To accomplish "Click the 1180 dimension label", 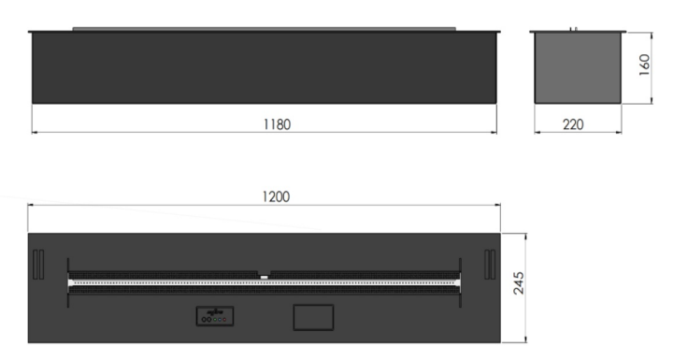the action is click(277, 124).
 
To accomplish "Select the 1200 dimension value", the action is click(276, 196).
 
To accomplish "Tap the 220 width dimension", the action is click(573, 124).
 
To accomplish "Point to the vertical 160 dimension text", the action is click(644, 65).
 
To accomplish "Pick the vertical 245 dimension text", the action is click(518, 283).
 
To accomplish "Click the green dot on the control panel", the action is click(215, 319).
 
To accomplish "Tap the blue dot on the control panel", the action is click(220, 319).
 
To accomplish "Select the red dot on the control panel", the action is click(224, 319).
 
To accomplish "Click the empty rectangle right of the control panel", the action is click(313, 317).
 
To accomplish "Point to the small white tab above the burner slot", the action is click(265, 277).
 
